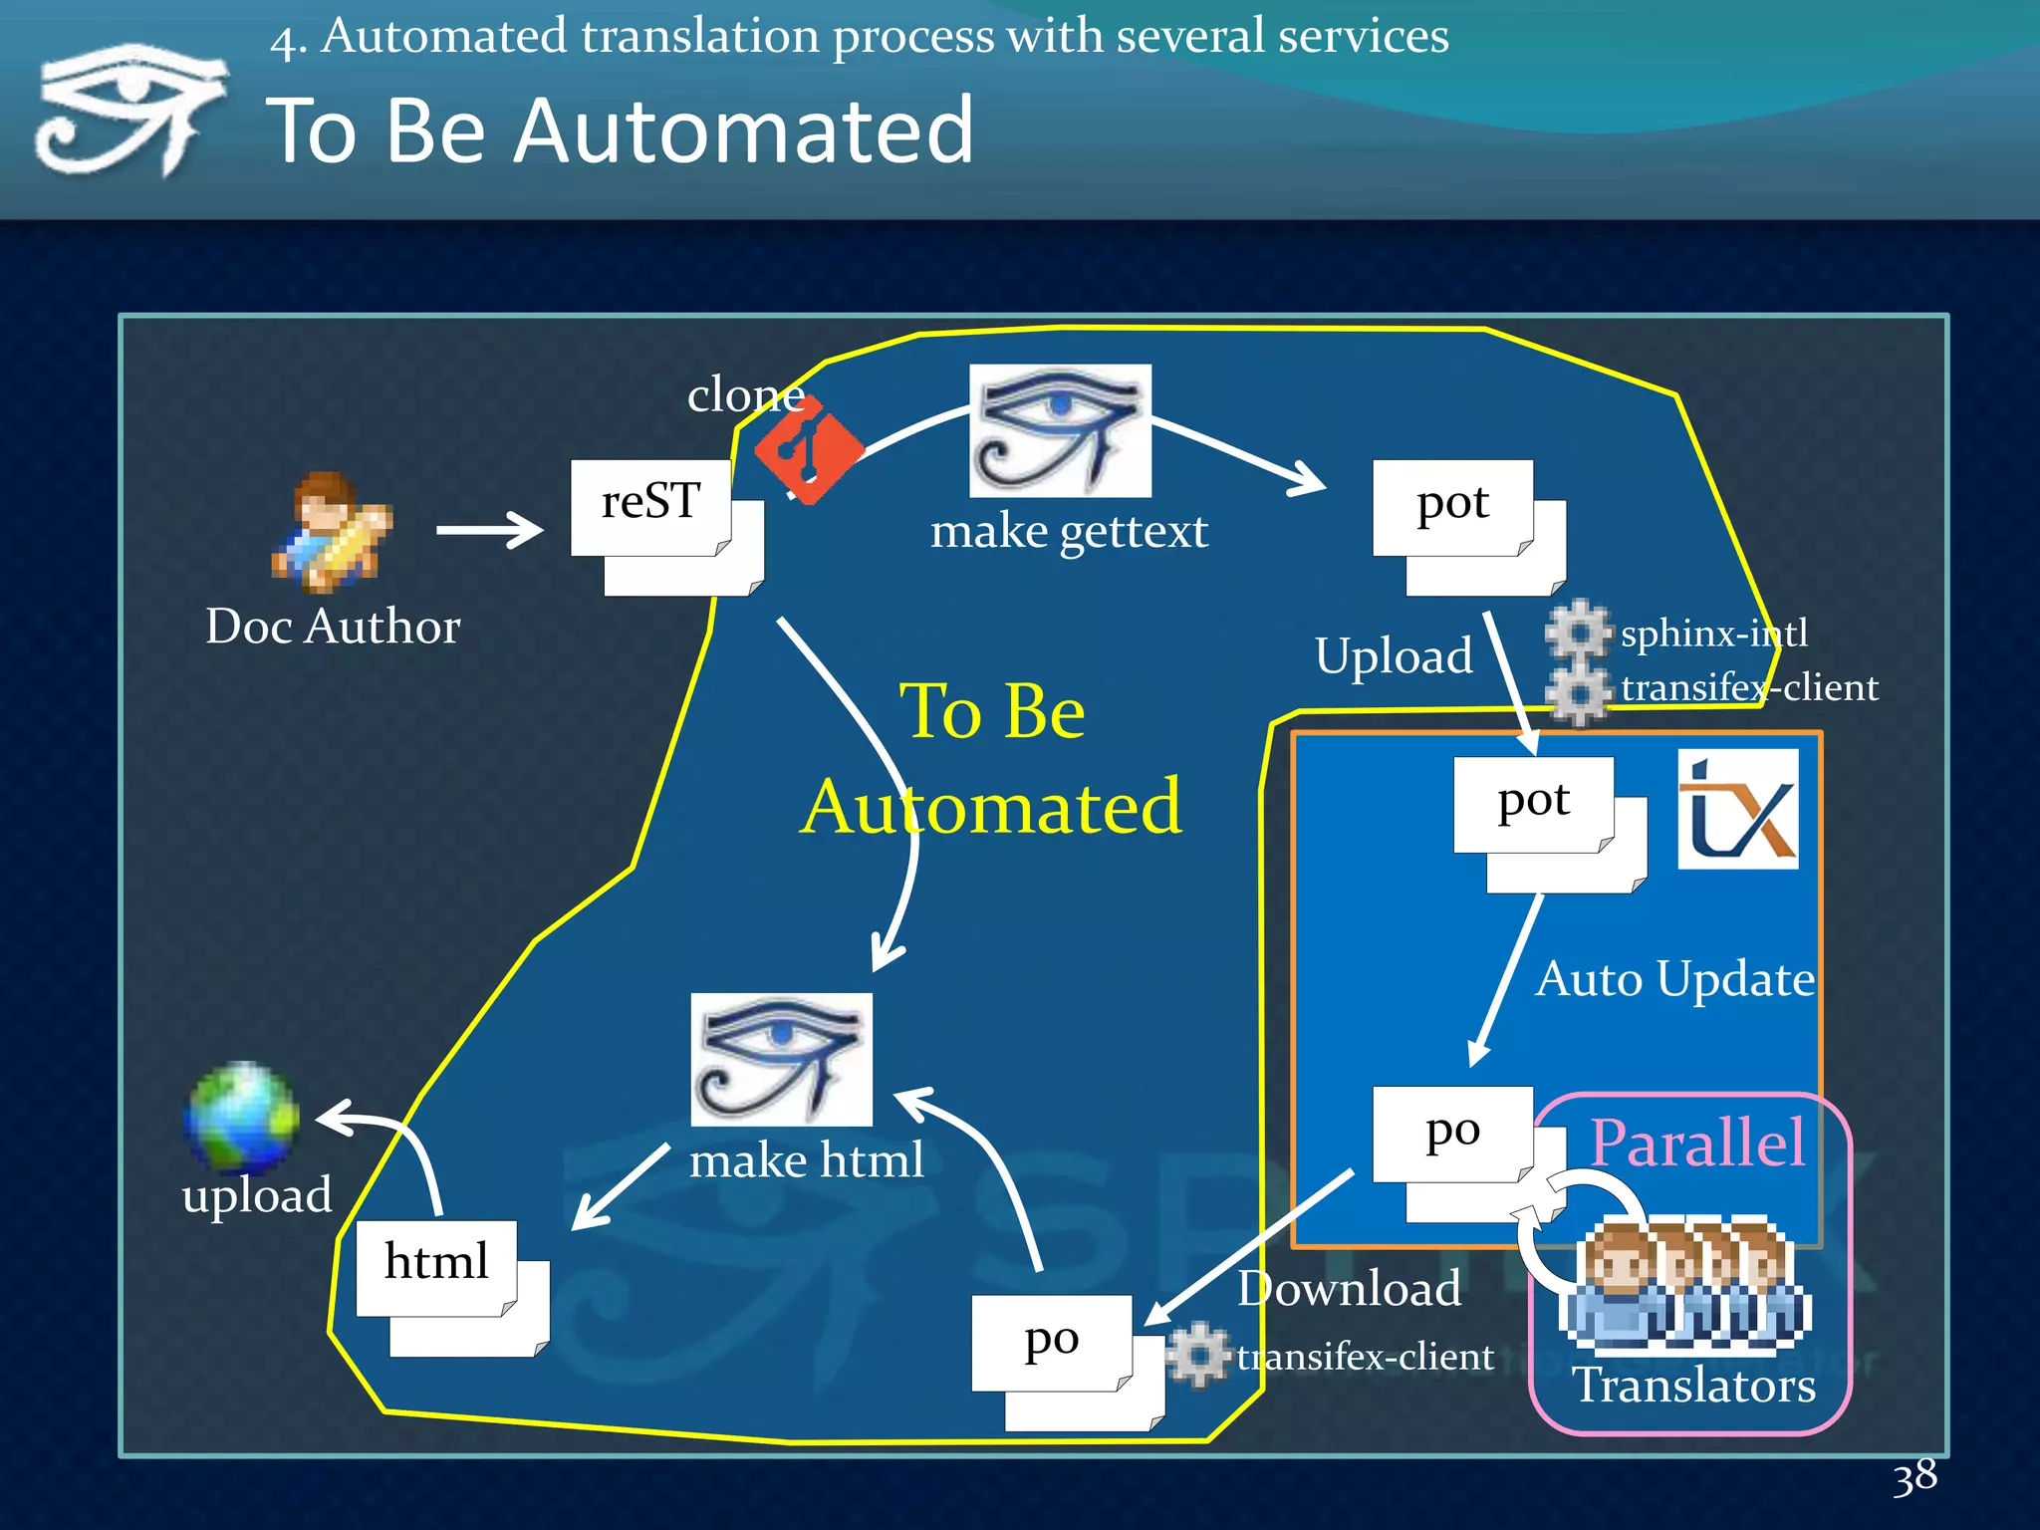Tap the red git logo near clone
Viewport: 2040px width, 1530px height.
coord(809,450)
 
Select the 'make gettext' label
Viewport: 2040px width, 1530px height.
coord(1069,531)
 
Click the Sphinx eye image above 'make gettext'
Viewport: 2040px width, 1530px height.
coord(1060,430)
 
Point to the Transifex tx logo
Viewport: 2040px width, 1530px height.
coord(1738,809)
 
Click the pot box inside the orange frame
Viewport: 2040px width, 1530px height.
coord(1533,804)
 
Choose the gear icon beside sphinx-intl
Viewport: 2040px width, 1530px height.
coord(1578,631)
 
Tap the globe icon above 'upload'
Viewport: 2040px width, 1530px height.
coord(242,1117)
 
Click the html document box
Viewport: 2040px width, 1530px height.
coord(436,1267)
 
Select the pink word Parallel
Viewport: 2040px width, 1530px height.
coord(1696,1143)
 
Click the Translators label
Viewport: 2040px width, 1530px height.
coord(1693,1386)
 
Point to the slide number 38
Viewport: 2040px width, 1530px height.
coord(1914,1477)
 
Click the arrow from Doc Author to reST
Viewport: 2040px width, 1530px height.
coord(489,530)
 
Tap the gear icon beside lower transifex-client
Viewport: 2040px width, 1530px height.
coord(1198,1355)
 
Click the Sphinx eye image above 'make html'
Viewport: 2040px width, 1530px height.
coord(781,1059)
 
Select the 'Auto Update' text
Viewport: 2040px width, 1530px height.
coord(1674,979)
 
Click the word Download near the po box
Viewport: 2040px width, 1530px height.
coord(1349,1289)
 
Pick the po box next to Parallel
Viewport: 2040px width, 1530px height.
coord(1452,1134)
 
